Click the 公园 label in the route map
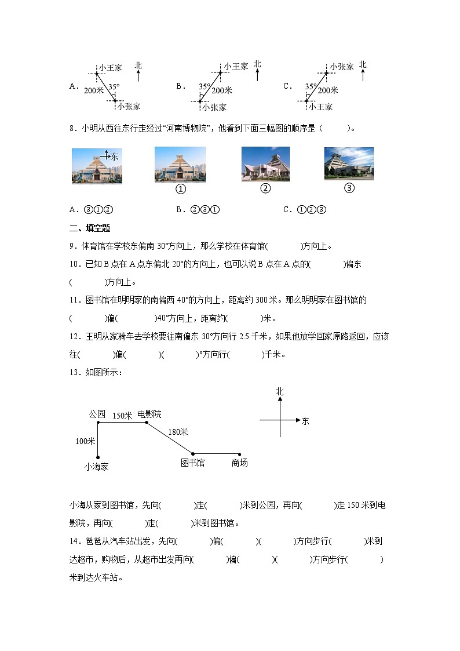97,414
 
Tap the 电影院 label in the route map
149,414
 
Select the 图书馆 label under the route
192,463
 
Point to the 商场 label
239,463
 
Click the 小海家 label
96,465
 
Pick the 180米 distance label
178,432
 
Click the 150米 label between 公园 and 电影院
122,415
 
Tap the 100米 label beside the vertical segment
85,441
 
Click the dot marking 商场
240,454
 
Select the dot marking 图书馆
193,454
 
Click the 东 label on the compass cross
305,421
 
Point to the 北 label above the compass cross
280,392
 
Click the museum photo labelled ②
265,164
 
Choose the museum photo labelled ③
349,163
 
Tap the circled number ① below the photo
180,189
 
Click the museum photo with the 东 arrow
97,166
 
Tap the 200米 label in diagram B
222,90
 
